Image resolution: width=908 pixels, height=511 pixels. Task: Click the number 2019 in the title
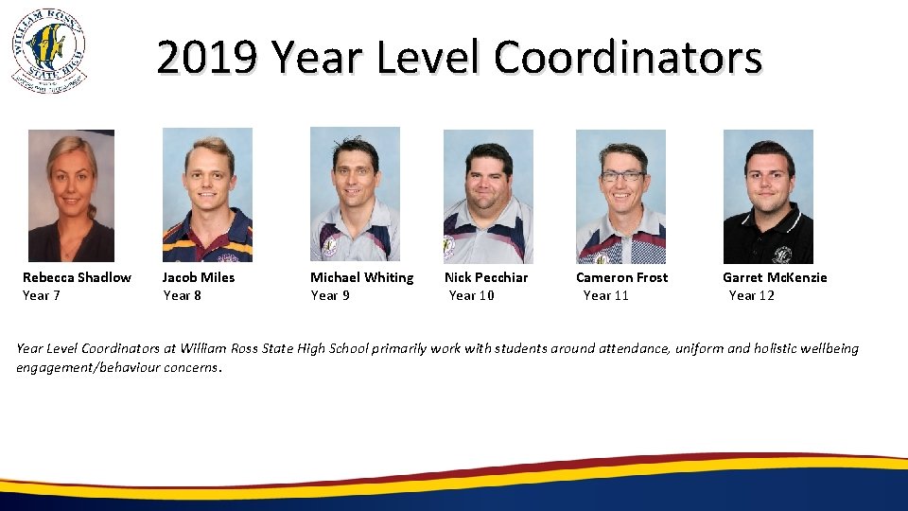pyautogui.click(x=206, y=58)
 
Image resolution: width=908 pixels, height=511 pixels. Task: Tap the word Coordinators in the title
pyautogui.click(x=627, y=58)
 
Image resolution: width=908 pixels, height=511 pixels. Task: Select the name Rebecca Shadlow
pyautogui.click(x=77, y=277)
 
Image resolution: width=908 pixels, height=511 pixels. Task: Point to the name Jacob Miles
pyautogui.click(x=199, y=277)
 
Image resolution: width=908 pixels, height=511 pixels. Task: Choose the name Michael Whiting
pyautogui.click(x=362, y=277)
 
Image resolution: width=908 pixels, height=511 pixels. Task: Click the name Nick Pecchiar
pyautogui.click(x=486, y=277)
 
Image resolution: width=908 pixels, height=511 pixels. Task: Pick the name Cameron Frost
pyautogui.click(x=621, y=277)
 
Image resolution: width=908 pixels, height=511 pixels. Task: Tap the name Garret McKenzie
pyautogui.click(x=775, y=277)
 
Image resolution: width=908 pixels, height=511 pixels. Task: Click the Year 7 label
pyautogui.click(x=42, y=295)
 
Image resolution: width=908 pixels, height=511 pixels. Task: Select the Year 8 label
pyautogui.click(x=183, y=295)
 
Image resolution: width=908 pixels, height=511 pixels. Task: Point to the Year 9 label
pyautogui.click(x=330, y=295)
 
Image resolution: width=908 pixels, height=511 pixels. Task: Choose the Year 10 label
pyautogui.click(x=471, y=295)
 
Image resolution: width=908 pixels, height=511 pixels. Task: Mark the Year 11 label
pyautogui.click(x=605, y=295)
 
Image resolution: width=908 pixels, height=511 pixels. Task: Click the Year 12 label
pyautogui.click(x=751, y=295)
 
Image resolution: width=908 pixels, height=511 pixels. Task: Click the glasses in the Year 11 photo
pyautogui.click(x=621, y=176)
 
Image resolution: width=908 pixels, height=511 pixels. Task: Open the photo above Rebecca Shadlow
pyautogui.click(x=71, y=195)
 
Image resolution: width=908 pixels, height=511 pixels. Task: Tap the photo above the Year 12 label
pyautogui.click(x=768, y=197)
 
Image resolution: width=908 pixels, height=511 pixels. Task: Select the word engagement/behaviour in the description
pyautogui.click(x=82, y=367)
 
